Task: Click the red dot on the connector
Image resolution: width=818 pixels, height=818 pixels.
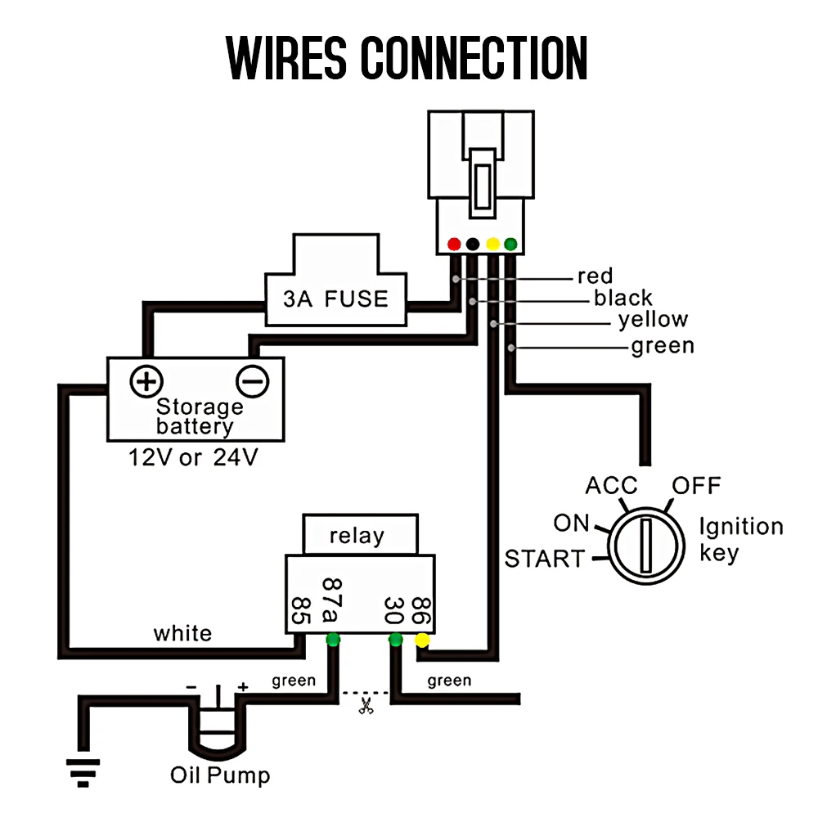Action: [454, 244]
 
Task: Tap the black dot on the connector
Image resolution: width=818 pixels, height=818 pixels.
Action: [473, 244]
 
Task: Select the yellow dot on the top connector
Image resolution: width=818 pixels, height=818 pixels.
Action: [492, 244]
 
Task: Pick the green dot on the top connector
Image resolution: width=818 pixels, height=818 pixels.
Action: [510, 244]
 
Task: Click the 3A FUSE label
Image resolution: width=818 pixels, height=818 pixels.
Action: [335, 299]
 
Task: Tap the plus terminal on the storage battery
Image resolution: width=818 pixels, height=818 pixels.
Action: [146, 381]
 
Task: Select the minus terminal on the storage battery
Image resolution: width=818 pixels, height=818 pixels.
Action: [253, 381]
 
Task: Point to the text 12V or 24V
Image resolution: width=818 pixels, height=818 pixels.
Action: [193, 457]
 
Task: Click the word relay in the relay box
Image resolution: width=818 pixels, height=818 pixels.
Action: [357, 536]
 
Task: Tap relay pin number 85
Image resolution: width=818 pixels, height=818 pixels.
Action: [301, 610]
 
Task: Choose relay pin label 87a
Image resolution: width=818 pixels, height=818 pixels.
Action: [331, 600]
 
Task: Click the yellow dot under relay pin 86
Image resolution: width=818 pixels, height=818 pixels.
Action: [422, 640]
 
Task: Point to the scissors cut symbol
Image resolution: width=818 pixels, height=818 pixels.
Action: [366, 706]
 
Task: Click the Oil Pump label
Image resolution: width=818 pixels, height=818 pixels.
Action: [220, 775]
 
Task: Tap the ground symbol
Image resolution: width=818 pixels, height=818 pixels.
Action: [83, 773]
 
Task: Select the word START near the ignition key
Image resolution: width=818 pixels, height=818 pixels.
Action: [545, 559]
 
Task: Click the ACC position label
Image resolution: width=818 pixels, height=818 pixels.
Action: [611, 485]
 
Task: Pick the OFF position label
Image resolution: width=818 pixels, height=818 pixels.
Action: [696, 485]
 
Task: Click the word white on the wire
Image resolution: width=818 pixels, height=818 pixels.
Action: [182, 633]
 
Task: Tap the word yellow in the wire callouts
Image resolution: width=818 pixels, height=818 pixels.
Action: [653, 319]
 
